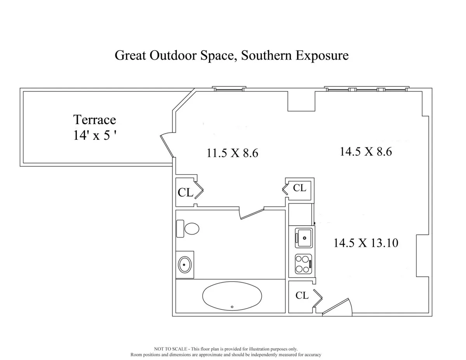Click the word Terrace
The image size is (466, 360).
coord(95,119)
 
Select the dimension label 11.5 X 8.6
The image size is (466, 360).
coord(232,153)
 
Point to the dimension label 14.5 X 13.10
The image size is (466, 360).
coord(366,243)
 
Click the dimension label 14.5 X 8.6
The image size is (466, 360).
coord(366,151)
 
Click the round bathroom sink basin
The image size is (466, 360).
coord(185,265)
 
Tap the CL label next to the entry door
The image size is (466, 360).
coord(302,296)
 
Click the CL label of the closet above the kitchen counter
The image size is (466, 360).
coord(299,188)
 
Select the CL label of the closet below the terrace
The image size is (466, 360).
coord(185,193)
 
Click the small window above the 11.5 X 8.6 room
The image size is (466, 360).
coord(229,89)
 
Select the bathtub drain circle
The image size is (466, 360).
coord(232,307)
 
